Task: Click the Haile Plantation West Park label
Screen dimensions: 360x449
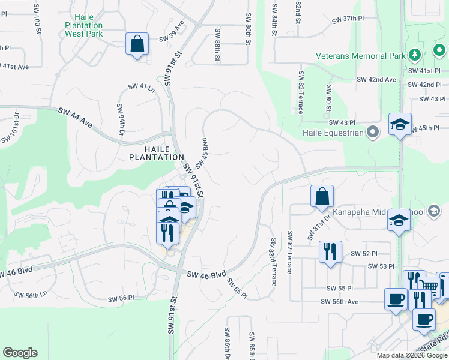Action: click(x=83, y=26)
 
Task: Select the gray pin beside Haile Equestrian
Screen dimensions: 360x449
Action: click(x=374, y=132)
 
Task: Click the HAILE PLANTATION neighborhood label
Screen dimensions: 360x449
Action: click(x=156, y=152)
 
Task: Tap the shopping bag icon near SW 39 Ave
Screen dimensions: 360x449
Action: click(x=137, y=44)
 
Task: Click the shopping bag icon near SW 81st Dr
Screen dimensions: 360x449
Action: click(x=322, y=196)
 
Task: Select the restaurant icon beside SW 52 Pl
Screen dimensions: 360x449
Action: click(x=330, y=251)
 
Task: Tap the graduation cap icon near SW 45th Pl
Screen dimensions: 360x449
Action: click(x=400, y=124)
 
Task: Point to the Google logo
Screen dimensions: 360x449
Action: click(x=20, y=353)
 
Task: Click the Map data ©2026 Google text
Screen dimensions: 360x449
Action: click(x=411, y=355)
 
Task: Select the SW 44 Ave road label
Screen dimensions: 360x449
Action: click(x=76, y=118)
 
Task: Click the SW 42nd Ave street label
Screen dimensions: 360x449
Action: click(x=376, y=79)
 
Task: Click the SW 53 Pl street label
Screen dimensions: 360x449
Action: click(x=381, y=266)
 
